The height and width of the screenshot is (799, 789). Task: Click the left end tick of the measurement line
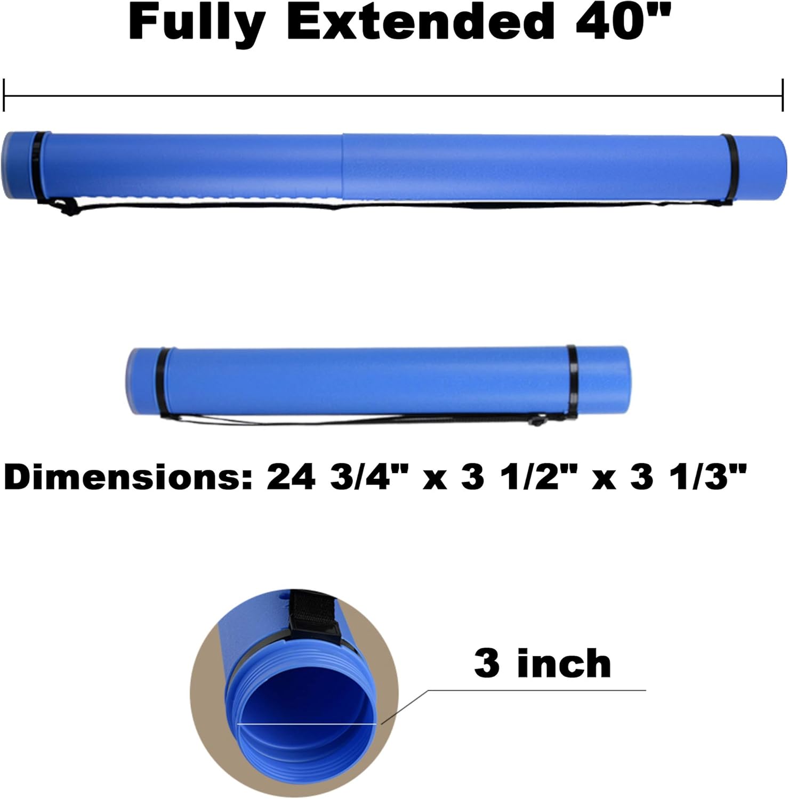point(4,95)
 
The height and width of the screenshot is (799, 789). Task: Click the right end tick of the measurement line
point(783,95)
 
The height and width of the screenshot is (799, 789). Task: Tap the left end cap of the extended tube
point(16,165)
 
